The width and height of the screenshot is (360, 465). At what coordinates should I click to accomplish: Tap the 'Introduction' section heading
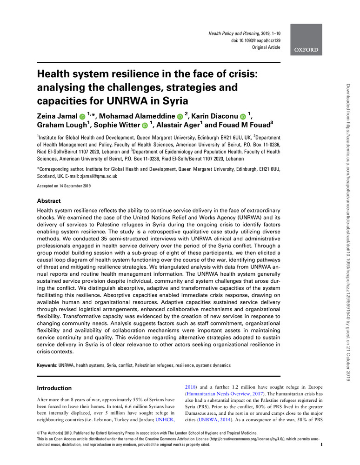click(x=54, y=388)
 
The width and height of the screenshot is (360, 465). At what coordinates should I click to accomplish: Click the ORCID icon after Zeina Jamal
click(x=82, y=115)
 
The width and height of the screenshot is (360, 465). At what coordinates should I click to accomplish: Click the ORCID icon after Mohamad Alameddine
click(x=180, y=115)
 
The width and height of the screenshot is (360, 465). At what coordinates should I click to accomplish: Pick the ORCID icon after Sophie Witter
click(x=145, y=126)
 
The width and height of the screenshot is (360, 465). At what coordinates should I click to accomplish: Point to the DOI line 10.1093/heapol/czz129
click(x=254, y=41)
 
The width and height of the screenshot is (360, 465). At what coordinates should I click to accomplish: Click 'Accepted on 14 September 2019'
click(x=64, y=186)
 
